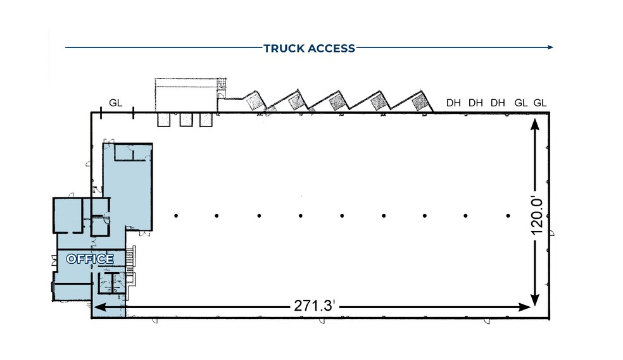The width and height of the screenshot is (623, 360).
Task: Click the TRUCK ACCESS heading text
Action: tap(309, 49)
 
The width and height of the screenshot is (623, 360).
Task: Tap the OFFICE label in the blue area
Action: tap(90, 259)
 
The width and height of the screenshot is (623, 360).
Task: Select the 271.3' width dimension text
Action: tap(315, 306)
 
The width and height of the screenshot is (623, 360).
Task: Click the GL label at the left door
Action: tap(116, 102)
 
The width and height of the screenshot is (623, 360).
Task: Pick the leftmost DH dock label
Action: tap(453, 102)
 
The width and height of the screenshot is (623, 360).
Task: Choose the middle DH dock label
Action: tap(475, 102)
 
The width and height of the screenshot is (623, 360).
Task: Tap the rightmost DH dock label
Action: tap(498, 102)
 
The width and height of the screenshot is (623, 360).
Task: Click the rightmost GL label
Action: tap(540, 102)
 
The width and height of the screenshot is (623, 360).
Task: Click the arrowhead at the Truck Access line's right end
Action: tap(550, 47)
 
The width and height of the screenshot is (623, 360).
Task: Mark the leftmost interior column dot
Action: tap(176, 216)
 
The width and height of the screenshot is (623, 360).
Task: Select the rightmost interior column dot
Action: tap(508, 216)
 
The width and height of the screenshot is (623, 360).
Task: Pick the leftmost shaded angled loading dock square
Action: tap(254, 102)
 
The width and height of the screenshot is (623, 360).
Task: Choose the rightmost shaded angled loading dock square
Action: tap(419, 103)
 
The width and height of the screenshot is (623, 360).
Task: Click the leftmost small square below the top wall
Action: tap(164, 120)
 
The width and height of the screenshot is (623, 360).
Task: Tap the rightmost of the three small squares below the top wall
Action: tap(206, 120)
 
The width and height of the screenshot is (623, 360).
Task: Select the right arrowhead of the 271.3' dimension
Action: tap(525, 307)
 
